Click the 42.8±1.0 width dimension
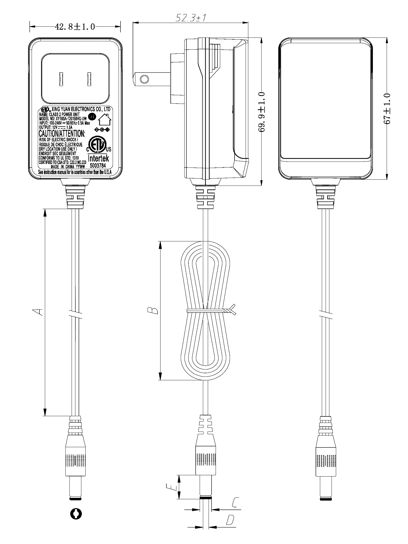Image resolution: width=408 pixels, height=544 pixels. pos(75,27)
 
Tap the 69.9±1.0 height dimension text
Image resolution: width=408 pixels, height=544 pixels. pos(262,112)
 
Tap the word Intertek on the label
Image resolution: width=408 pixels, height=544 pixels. pos(98,158)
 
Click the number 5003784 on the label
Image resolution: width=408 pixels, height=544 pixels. pos(98,166)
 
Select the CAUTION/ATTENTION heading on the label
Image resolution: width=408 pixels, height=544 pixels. pos(62,133)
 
